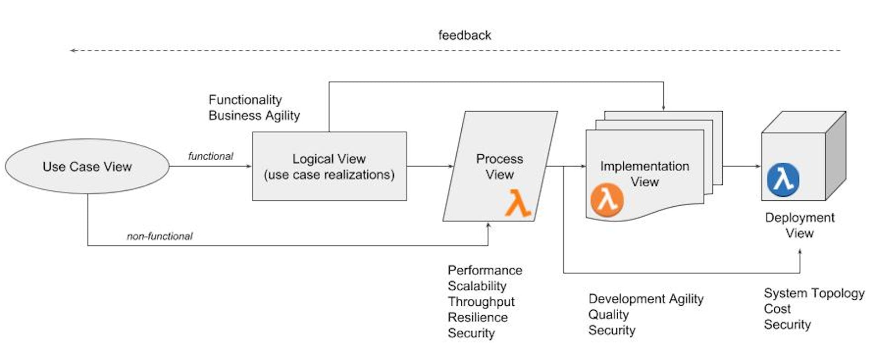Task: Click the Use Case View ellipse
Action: [87, 167]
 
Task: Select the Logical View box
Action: [329, 167]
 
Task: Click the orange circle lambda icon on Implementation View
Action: [607, 200]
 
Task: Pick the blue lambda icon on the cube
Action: [783, 180]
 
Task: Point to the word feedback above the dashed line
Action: [464, 35]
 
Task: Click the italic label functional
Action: [210, 156]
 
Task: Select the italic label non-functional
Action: [160, 236]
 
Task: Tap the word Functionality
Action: [245, 99]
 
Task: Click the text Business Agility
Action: [254, 115]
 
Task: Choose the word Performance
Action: [485, 270]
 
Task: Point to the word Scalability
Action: [477, 286]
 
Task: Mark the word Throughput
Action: [481, 302]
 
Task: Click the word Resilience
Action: [477, 317]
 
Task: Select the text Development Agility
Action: [646, 299]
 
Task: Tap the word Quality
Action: [608, 314]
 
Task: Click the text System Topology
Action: [814, 293]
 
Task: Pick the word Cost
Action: [777, 309]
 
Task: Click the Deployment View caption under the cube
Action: [799, 225]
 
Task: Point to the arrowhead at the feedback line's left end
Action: [72, 50]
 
